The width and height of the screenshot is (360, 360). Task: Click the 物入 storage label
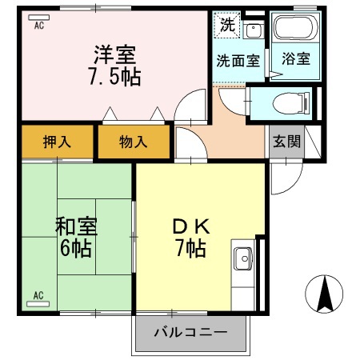tap(134, 142)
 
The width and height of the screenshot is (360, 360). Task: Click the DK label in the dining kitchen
tap(191, 226)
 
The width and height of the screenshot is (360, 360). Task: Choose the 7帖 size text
tap(191, 248)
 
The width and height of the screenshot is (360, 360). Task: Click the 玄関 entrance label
tap(286, 142)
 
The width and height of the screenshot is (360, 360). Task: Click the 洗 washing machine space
tap(227, 24)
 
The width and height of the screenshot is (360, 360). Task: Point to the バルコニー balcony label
tap(190, 333)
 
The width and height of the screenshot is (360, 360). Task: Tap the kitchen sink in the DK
tap(243, 260)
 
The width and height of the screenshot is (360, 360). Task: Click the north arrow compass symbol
tap(324, 294)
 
